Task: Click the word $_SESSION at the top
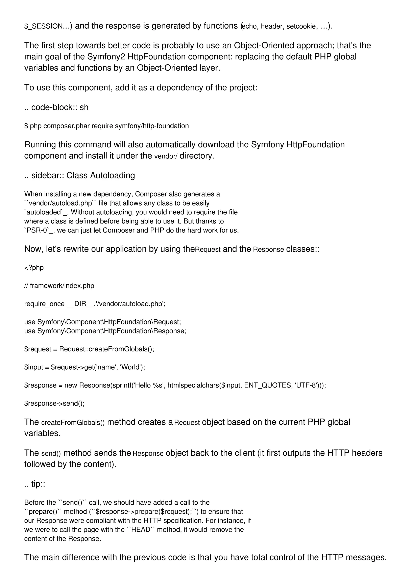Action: tap(43, 26)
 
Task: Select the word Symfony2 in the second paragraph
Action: tap(106, 56)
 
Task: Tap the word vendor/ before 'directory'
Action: tap(166, 156)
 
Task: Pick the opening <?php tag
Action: tap(34, 268)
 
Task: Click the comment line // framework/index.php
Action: tap(59, 286)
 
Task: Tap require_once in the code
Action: tap(44, 304)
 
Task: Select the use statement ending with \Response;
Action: tap(105, 331)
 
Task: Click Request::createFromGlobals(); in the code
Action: tap(107, 349)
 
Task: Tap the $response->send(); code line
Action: tap(54, 403)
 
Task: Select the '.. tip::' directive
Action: tap(35, 484)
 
